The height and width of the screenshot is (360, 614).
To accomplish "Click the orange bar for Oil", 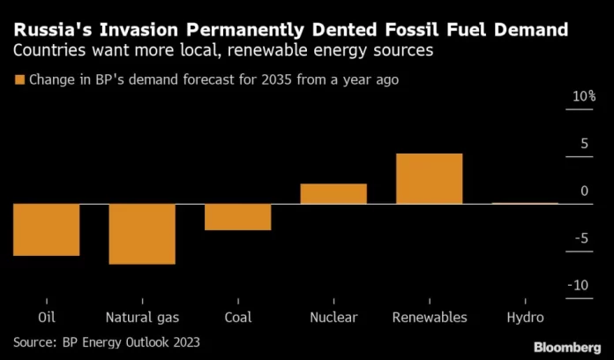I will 47,229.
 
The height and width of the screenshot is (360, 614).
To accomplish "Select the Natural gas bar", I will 142,234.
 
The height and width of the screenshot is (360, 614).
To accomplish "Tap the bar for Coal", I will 237,217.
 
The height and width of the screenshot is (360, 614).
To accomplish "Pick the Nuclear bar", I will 333,194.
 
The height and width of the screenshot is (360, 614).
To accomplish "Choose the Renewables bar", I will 429,179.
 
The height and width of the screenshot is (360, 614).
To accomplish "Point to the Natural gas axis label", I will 142,318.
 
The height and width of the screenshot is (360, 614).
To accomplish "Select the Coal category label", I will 237,318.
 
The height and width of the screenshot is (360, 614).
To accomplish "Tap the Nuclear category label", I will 333,318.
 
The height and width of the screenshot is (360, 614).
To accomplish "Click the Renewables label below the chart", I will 429,318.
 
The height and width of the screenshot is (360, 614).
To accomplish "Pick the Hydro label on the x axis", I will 525,318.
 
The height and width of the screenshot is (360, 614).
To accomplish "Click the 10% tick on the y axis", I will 583,96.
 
